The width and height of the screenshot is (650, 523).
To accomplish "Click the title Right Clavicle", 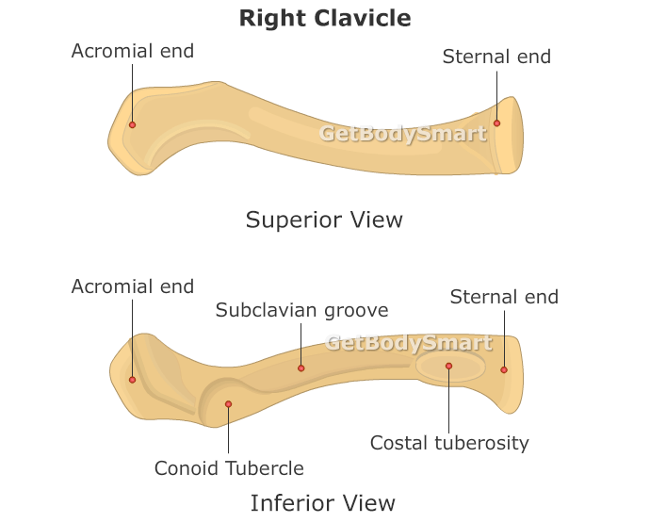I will coord(325,18).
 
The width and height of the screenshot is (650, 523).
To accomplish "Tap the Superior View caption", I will coord(324,221).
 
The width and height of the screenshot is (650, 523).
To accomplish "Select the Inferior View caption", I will coord(322,503).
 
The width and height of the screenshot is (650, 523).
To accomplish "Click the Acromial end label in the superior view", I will coord(133,51).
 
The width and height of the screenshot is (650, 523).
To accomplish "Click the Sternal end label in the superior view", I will coord(496,57).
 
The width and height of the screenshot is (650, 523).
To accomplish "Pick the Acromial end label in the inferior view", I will coord(133,286).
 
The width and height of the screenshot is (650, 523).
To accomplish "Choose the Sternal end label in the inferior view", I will coord(504,297).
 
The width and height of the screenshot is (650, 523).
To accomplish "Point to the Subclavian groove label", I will coord(301,310).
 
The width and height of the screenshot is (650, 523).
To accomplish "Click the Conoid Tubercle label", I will coord(229,468).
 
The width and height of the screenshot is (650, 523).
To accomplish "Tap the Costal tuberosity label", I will coord(449,443).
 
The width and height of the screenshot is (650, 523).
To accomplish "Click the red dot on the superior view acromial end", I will coord(132,124).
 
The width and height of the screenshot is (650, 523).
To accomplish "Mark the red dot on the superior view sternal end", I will coord(496,123).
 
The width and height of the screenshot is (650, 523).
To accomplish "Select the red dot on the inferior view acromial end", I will coord(132,380).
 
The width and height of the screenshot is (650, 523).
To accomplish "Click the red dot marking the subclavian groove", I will coord(301,368).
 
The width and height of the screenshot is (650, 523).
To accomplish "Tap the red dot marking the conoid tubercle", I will coord(228,404).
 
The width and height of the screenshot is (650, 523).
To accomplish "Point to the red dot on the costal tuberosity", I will coord(449,366).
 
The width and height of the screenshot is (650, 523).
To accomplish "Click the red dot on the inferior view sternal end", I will coord(504,369).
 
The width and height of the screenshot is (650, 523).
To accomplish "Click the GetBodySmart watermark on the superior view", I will coord(402,134).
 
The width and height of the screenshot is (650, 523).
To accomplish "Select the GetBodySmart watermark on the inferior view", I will coord(409,343).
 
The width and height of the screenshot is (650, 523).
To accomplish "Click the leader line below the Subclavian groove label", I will coord(301,344).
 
